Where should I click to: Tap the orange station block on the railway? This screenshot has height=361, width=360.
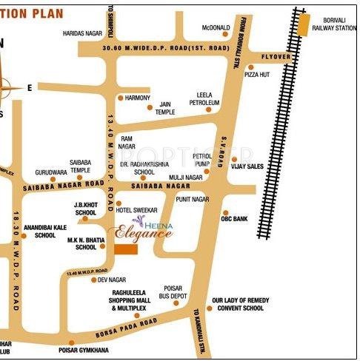coord(304,24)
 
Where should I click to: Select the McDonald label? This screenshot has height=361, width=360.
coord(216,28)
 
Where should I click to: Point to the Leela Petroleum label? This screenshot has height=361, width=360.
coord(210,99)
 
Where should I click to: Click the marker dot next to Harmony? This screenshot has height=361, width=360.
coord(120,98)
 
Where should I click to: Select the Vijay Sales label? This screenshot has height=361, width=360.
coord(247,166)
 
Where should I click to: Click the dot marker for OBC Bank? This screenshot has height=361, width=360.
coord(225,212)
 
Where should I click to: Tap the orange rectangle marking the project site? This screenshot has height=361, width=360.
coord(126,249)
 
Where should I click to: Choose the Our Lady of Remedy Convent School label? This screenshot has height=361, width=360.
coord(238,304)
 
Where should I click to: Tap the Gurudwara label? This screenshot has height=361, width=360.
coord(50,172)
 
